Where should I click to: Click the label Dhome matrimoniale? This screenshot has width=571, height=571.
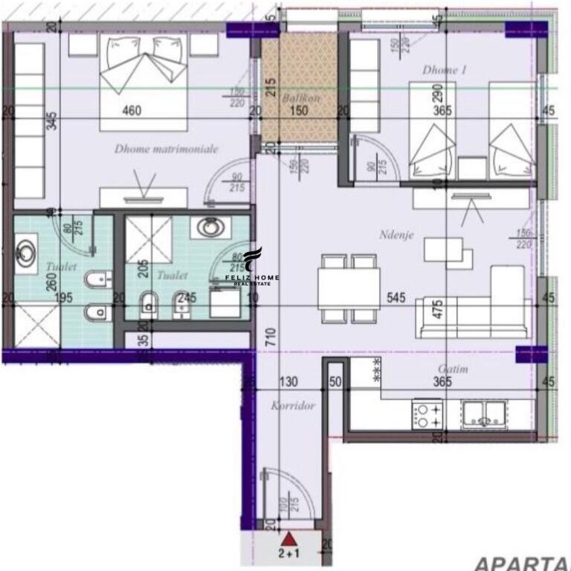[x=167, y=149]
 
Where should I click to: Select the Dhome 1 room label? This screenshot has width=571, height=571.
[x=444, y=71]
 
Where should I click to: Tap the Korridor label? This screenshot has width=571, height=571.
[x=294, y=406]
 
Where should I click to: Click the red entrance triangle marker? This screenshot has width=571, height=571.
[x=290, y=538]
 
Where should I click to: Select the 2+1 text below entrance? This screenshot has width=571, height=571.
[x=290, y=553]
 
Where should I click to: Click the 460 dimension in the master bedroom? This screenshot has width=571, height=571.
[x=132, y=112]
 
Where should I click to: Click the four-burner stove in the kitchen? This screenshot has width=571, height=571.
[x=428, y=414]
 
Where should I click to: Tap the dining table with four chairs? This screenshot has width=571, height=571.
[x=349, y=288]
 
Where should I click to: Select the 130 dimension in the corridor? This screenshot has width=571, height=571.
[x=288, y=382]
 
